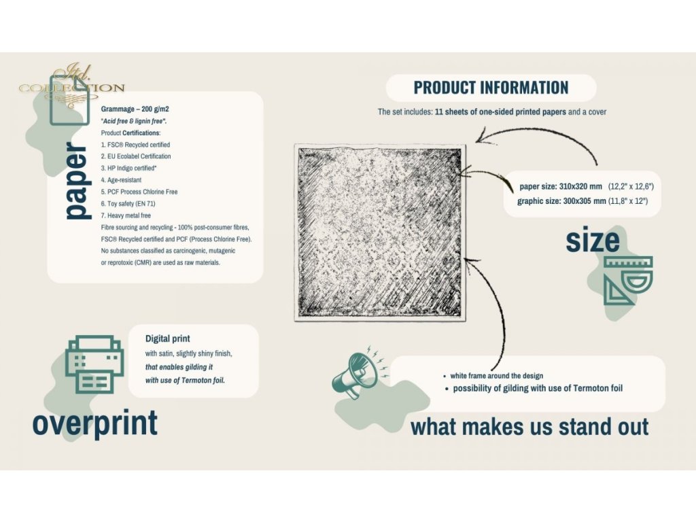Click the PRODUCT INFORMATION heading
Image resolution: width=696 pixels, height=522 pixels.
coord(491,88)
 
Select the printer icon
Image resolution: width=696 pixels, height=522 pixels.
coord(94,364)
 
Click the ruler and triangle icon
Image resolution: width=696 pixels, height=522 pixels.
coord(628,281)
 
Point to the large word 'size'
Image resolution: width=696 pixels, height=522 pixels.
coord(593,240)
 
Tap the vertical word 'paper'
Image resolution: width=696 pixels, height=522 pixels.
coord(77,179)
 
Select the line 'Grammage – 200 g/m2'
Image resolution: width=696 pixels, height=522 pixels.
coord(135,109)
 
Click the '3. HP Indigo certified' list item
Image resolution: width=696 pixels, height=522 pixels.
coord(128,169)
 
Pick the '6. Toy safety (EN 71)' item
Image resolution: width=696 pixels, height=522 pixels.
coord(128,204)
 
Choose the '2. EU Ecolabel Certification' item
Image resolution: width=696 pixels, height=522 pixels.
coord(136,156)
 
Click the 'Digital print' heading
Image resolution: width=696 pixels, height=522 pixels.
coord(168,338)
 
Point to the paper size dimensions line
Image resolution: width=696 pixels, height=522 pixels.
coord(587,186)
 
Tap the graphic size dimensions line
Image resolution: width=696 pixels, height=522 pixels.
coord(582,201)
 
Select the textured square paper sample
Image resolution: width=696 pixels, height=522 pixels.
coord(380,232)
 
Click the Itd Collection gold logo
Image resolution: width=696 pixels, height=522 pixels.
coord(72,84)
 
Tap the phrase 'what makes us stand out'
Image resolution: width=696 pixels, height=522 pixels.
coord(529,426)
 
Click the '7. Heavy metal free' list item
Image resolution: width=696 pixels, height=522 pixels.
coord(126,215)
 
